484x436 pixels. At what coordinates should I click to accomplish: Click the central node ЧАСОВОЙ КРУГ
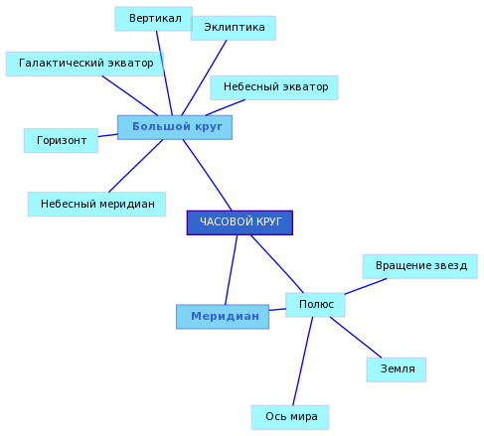click(240, 222)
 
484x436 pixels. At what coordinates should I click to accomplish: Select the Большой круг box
click(175, 127)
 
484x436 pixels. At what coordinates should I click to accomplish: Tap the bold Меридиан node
click(223, 317)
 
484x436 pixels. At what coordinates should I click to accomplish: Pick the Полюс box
click(315, 305)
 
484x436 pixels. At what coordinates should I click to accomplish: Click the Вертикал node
click(153, 19)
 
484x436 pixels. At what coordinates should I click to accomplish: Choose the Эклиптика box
click(233, 28)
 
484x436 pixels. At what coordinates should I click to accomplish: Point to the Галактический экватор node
click(84, 64)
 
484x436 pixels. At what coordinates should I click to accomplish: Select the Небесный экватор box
click(274, 87)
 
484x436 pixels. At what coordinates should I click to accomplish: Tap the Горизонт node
click(61, 141)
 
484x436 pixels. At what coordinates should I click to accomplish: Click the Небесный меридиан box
click(96, 205)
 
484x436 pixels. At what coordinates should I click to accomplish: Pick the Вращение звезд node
click(420, 266)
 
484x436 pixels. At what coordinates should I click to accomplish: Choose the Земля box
click(397, 369)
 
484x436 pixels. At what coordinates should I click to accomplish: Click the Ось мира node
click(290, 417)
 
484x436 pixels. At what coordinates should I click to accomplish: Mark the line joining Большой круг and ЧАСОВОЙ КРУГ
click(208, 175)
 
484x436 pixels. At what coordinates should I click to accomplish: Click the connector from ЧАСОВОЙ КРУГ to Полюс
click(277, 264)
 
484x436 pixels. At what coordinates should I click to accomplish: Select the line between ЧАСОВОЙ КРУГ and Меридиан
click(232, 270)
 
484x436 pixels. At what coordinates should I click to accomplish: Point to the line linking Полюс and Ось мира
click(303, 362)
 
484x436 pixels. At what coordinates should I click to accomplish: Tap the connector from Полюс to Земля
click(356, 338)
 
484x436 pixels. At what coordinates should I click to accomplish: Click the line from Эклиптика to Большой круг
click(204, 77)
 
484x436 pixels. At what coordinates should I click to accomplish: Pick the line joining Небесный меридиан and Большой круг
click(136, 166)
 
